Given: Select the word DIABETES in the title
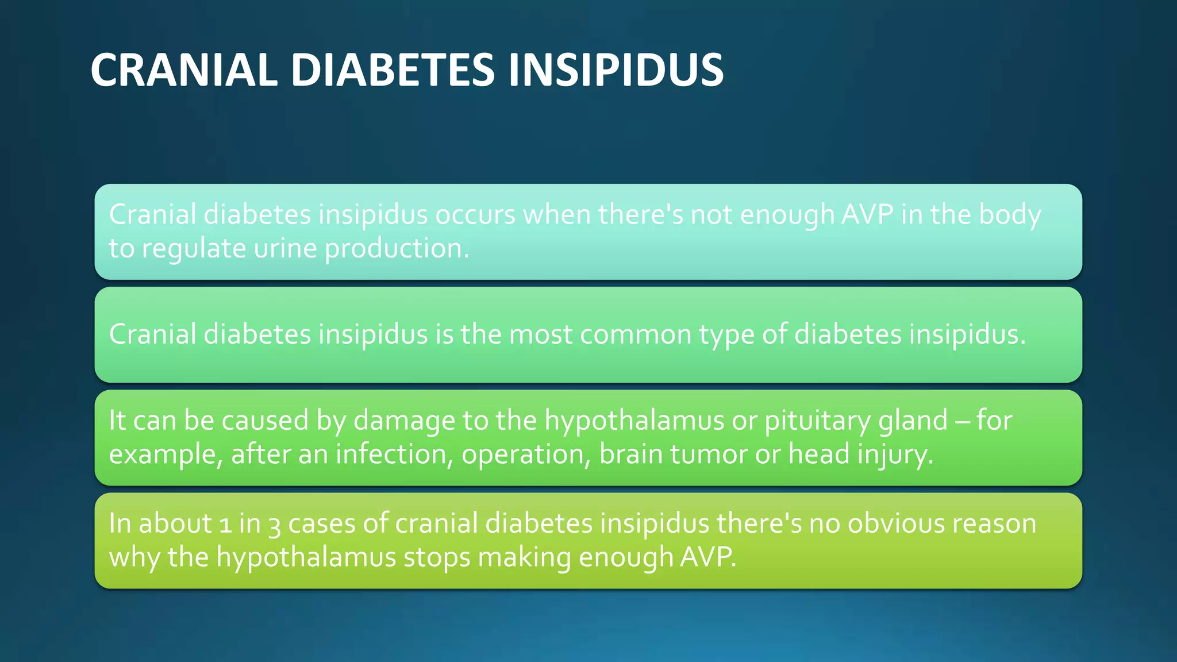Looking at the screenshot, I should (393, 70).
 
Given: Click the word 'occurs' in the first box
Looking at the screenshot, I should (475, 214).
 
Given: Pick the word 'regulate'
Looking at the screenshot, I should (194, 249).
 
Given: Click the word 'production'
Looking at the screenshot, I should (397, 249).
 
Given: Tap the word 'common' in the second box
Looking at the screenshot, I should (635, 334).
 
